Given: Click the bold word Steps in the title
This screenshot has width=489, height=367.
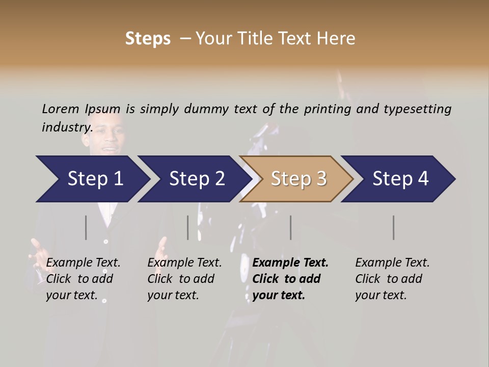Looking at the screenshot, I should pyautogui.click(x=148, y=39).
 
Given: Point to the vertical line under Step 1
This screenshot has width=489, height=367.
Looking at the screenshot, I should pyautogui.click(x=86, y=227).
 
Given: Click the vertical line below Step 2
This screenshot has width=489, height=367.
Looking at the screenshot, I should pyautogui.click(x=187, y=227).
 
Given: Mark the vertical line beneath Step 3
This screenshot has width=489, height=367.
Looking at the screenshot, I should pyautogui.click(x=290, y=227).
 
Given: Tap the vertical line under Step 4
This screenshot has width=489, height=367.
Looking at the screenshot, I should pyautogui.click(x=393, y=227).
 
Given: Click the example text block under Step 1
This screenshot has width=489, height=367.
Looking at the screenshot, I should pyautogui.click(x=83, y=279).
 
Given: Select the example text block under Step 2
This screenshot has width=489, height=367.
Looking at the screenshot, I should pyautogui.click(x=184, y=279).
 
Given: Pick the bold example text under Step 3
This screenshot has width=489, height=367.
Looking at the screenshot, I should pyautogui.click(x=290, y=279).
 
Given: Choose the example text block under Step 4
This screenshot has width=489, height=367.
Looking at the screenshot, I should pyautogui.click(x=392, y=279).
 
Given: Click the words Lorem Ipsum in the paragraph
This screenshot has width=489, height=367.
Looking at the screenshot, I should pyautogui.click(x=81, y=109).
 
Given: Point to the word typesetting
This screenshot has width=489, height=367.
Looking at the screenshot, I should pyautogui.click(x=417, y=109).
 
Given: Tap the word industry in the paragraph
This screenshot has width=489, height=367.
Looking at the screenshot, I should pyautogui.click(x=67, y=127).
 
